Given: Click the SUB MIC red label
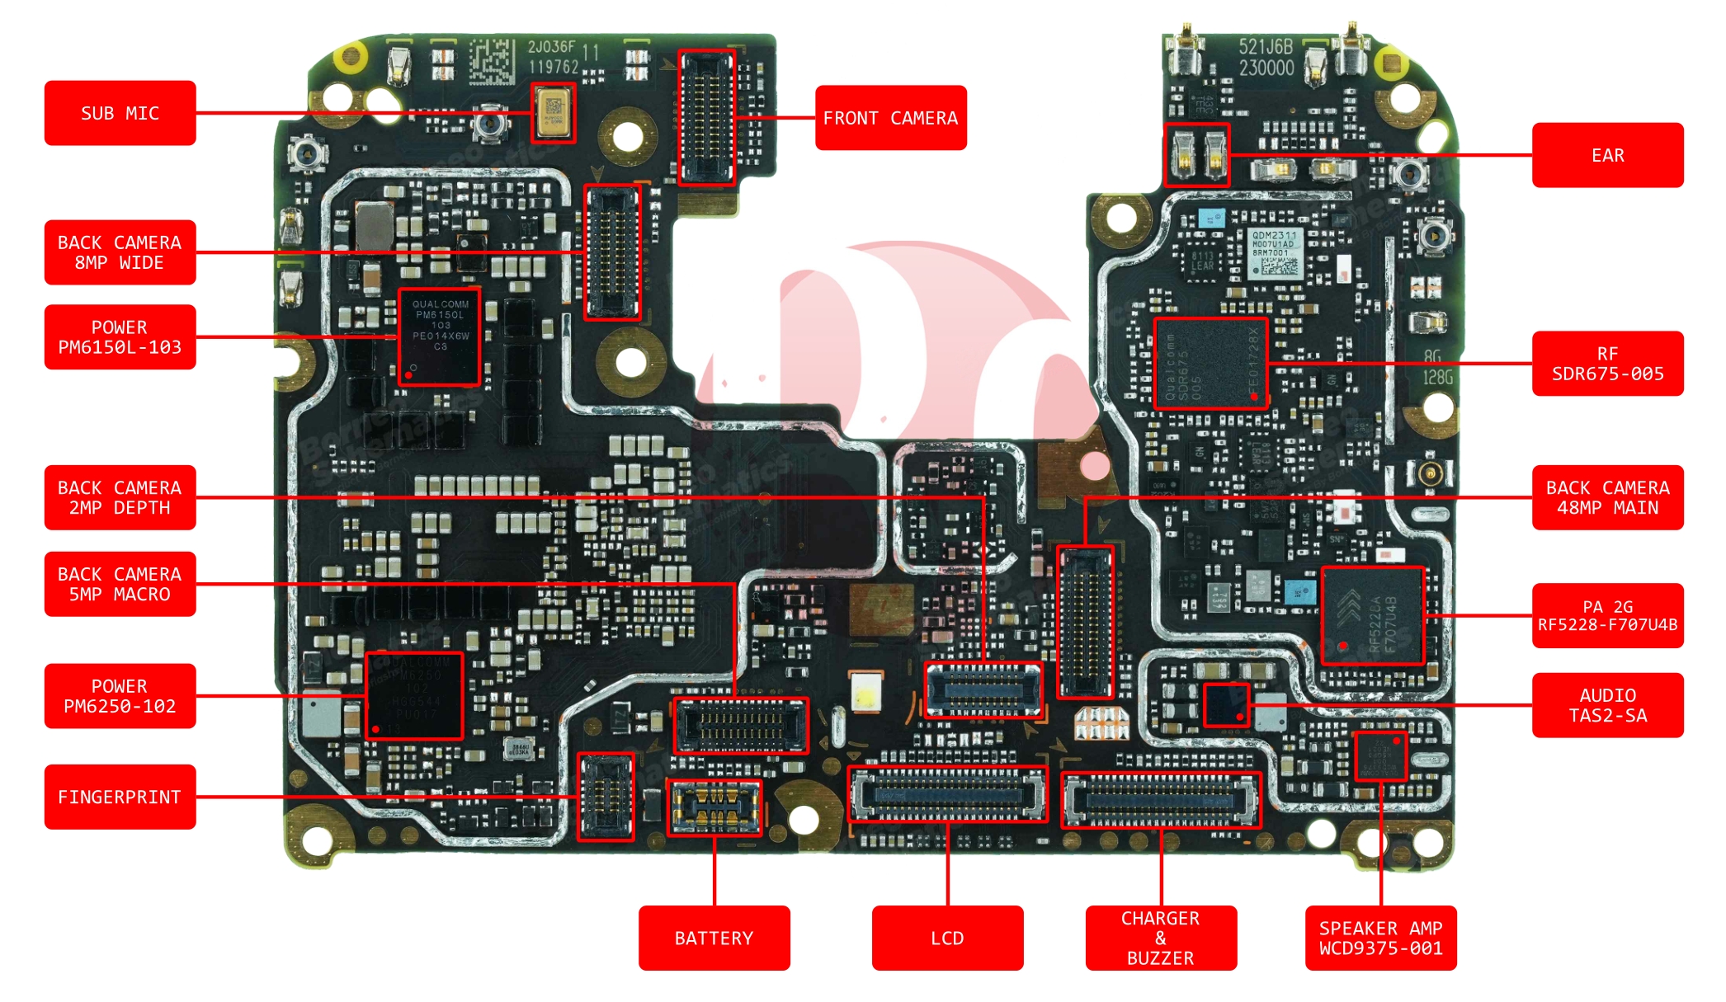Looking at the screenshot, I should coord(120,113).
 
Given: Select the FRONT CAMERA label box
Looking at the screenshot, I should coord(890,118).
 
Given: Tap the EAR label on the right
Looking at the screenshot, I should coord(1607,155).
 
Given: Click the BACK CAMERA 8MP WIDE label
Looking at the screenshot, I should coord(120,252).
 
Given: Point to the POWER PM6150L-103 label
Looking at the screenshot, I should coord(120,337).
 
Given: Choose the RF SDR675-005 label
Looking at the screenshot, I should coord(1607,364).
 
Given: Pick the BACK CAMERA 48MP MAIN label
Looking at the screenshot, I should coord(1607,497).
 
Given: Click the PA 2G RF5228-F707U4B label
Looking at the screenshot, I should coord(1607,615).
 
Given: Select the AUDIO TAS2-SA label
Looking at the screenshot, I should coord(1607,705).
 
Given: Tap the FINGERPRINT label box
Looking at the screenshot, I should coord(120,797).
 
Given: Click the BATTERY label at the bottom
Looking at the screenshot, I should coord(714,938).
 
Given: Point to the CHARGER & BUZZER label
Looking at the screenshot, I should coord(1161,938).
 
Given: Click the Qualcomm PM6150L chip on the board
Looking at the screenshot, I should coord(439,336).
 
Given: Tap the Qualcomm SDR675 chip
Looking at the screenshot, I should coord(1210,364).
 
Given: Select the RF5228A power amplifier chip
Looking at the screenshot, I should coord(1372,615).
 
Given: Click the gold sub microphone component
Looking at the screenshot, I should coord(553,113).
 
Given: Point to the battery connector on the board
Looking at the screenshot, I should coord(714,807).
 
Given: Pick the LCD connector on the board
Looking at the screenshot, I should coord(948,794).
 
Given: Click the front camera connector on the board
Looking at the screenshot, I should coord(706,117).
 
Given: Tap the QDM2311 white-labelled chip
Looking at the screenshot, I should coord(1274,253).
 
